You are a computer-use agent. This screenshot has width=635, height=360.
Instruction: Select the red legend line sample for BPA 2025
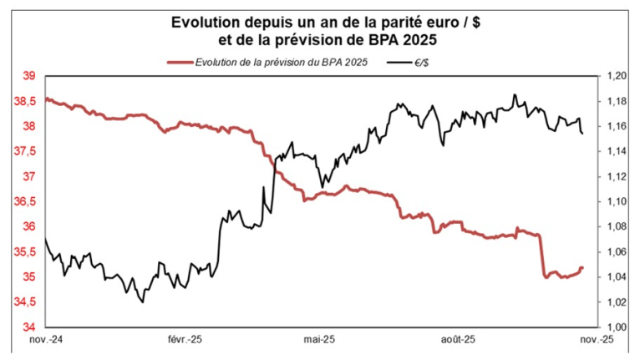click(179, 62)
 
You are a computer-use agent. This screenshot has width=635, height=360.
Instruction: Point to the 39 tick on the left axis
click(28, 76)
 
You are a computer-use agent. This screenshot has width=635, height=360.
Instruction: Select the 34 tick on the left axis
click(28, 327)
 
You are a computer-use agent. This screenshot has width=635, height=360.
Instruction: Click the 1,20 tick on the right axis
click(616, 76)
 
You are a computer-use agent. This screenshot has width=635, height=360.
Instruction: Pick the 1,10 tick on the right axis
click(616, 201)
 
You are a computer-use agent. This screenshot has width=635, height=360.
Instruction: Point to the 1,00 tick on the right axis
click(616, 327)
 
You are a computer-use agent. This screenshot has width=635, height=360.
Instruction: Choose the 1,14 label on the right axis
click(616, 151)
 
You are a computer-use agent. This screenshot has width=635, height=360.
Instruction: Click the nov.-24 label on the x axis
click(48, 340)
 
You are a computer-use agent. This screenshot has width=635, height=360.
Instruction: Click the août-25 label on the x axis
click(457, 340)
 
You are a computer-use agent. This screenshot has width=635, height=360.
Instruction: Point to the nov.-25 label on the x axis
click(596, 340)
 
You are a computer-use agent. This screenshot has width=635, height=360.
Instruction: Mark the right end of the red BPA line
click(582, 267)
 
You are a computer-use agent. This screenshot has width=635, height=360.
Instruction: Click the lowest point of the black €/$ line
click(142, 302)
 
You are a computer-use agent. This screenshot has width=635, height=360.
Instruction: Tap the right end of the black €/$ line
click(582, 134)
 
